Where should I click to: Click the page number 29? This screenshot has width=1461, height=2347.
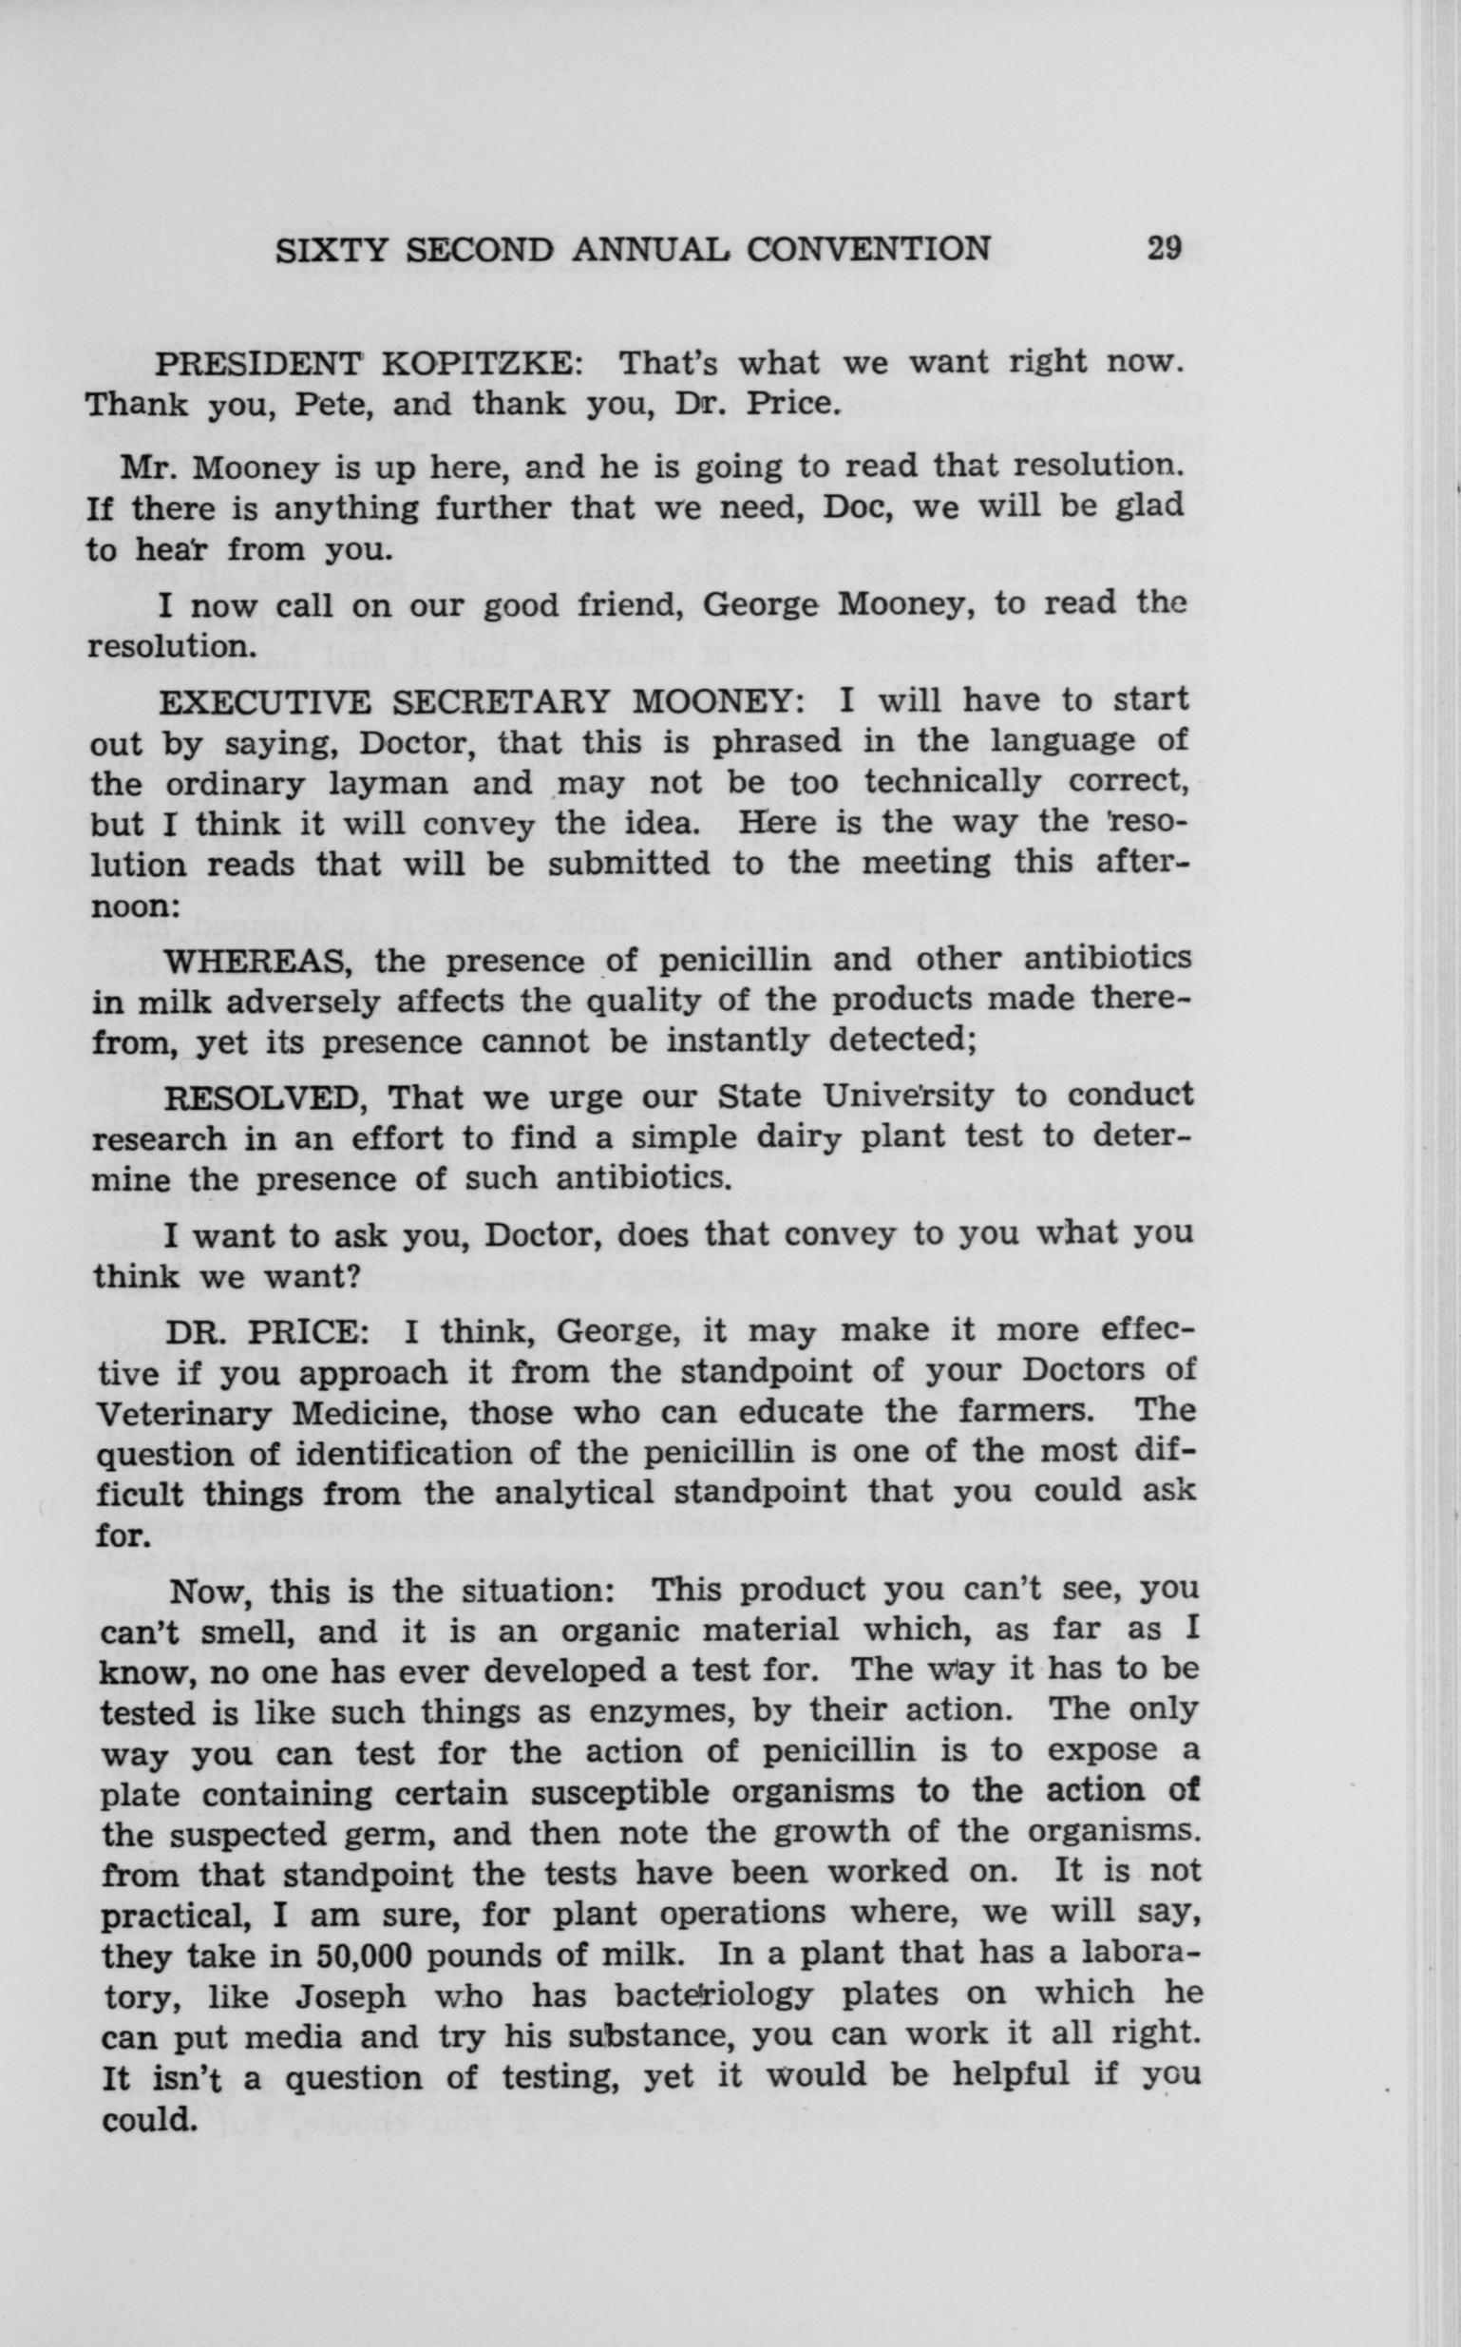pos(1165,249)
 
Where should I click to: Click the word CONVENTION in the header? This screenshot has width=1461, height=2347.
pos(868,249)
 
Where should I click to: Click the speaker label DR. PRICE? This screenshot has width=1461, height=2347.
pos(268,1331)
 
